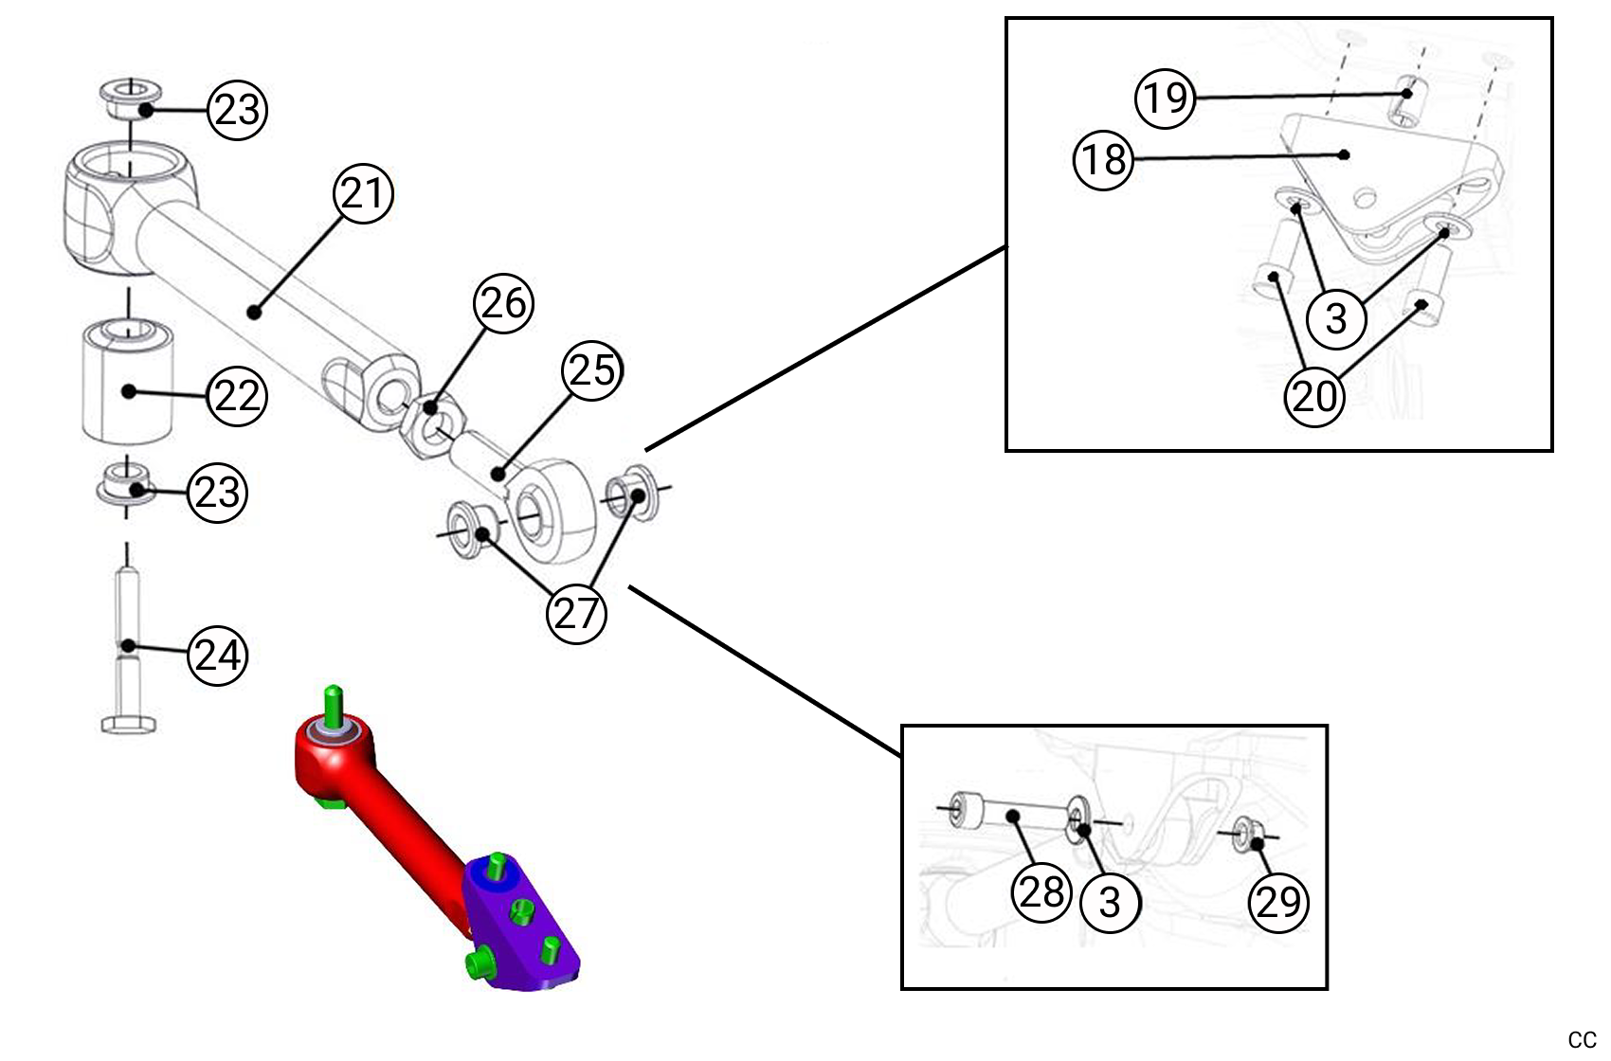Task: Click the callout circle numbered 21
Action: tap(363, 194)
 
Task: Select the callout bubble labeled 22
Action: tap(237, 395)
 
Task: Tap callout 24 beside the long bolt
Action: tap(218, 656)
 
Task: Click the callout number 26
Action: tap(503, 304)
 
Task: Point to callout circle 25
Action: tap(592, 370)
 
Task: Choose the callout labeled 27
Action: tap(576, 614)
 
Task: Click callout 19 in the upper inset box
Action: tap(1166, 98)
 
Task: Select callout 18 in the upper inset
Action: tap(1104, 160)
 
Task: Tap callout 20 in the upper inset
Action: tap(1314, 396)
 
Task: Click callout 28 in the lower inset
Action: tap(1042, 892)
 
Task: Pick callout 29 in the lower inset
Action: tap(1278, 902)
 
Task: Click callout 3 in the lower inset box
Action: tap(1110, 903)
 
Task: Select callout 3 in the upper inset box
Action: tap(1336, 318)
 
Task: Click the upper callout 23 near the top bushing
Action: tap(237, 111)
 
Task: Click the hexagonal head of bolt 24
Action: tap(128, 725)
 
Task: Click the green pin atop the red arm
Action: tap(333, 704)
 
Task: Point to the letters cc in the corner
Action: tap(1582, 1040)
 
